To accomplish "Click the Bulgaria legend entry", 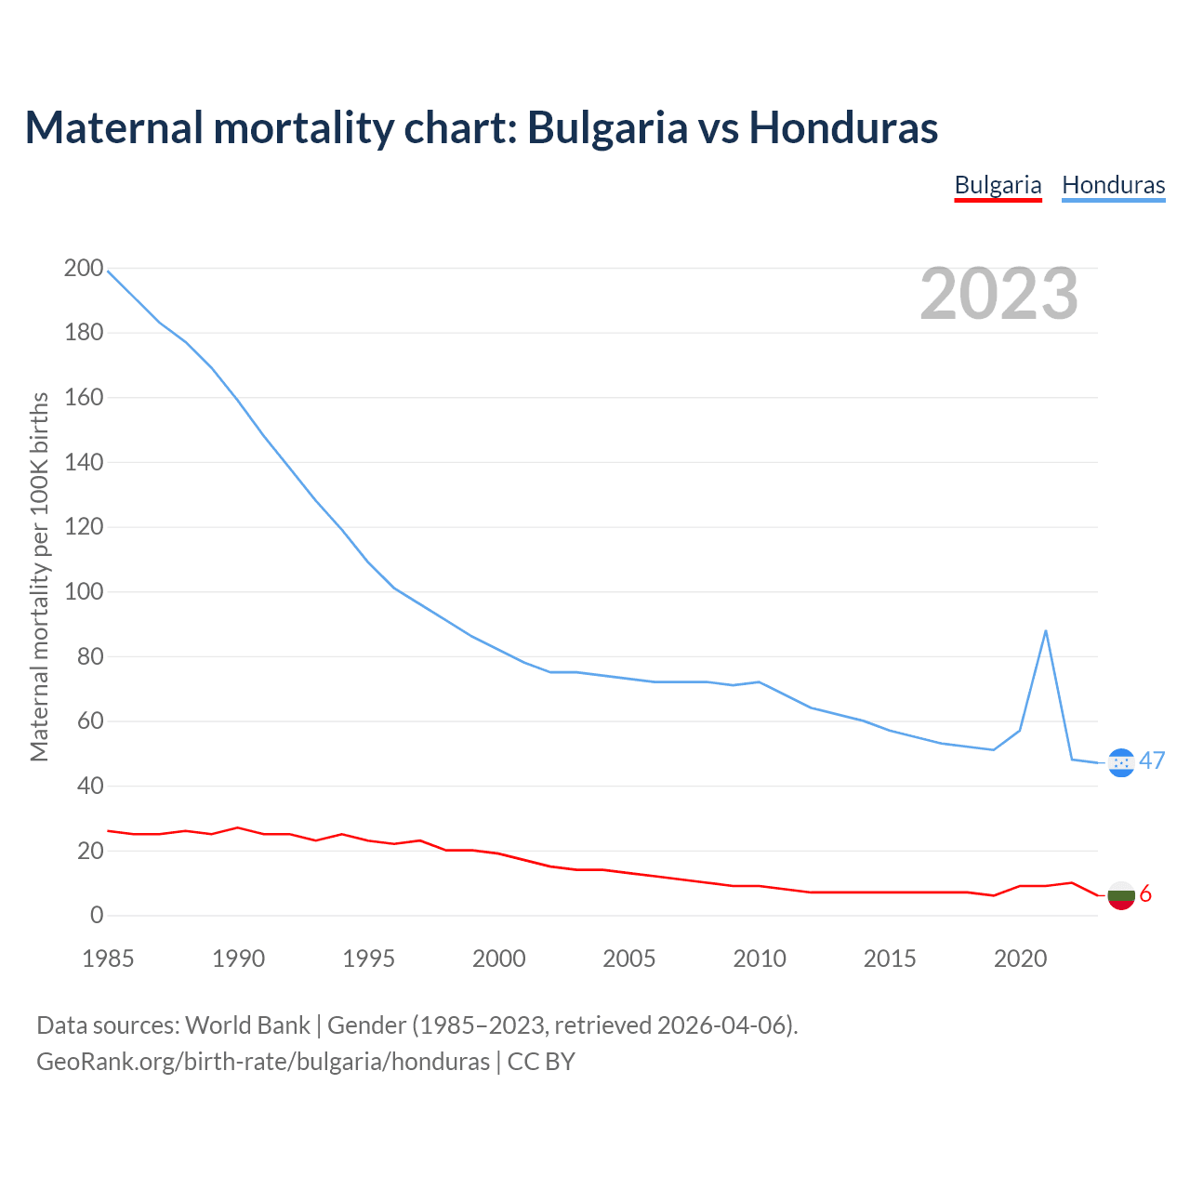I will pos(998,185).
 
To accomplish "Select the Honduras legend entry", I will pos(1113,185).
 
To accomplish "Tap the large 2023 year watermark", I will pos(998,294).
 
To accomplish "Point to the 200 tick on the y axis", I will pos(84,269).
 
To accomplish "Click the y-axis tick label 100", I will pos(84,592).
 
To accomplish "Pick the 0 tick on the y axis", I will pos(97,916).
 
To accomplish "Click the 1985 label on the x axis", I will pos(108,959).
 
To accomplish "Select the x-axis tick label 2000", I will pos(499,959).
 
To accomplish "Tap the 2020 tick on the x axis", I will pos(1020,959).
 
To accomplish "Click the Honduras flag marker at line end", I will pos(1121,763).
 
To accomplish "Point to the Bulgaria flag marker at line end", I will pos(1121,895).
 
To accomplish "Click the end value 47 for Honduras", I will pos(1152,761).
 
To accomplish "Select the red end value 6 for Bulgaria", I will pos(1145,894).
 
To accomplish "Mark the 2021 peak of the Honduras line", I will pos(1046,631).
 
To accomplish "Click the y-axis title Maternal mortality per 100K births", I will pos(39,576).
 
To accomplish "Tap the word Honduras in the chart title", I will pos(843,127).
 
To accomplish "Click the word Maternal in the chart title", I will pos(114,127).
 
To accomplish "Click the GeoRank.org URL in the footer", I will pos(263,1062).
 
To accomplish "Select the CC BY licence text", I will pos(541,1062).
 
